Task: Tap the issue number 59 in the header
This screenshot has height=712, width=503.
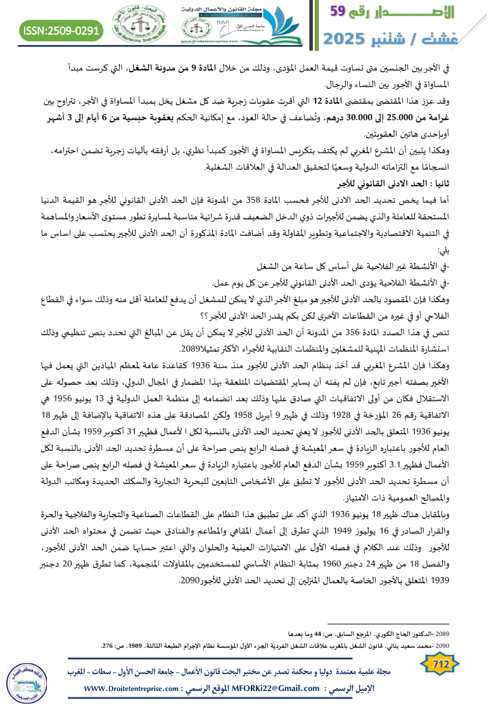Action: tap(342, 11)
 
